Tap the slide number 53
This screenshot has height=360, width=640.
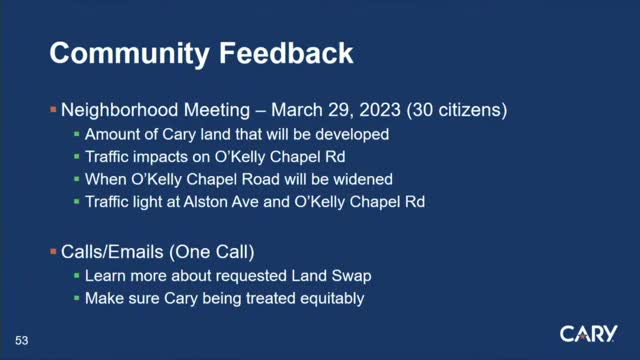21,341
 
